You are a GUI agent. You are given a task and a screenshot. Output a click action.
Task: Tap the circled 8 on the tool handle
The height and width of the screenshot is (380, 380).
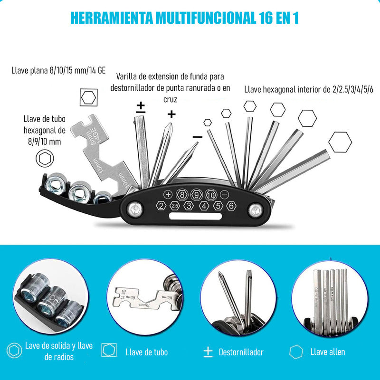[x=181, y=194]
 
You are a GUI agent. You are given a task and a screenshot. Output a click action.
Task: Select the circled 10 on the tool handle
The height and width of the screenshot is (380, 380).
[x=211, y=194]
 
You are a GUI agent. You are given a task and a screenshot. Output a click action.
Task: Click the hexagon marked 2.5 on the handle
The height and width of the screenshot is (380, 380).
[x=175, y=206]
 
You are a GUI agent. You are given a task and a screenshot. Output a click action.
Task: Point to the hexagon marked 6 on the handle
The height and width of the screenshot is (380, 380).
[x=231, y=206]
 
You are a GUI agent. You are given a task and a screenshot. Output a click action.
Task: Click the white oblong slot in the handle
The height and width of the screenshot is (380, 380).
[x=196, y=218]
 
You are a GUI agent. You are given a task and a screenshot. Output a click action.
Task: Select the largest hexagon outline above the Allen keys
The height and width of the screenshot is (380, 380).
[x=340, y=142]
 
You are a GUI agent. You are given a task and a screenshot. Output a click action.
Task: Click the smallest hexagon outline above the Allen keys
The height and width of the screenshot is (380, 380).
[x=208, y=122]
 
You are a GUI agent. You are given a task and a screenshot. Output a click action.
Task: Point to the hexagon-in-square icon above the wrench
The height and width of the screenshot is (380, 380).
[x=88, y=98]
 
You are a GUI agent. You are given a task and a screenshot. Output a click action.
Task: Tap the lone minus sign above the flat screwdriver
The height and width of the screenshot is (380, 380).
[x=198, y=137]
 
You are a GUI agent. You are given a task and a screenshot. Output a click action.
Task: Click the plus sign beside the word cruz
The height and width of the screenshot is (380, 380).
[x=171, y=114]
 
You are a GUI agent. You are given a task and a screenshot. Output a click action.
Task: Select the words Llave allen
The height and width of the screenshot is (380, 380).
[x=328, y=352]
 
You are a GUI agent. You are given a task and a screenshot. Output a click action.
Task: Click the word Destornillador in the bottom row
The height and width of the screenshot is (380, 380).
[x=241, y=352]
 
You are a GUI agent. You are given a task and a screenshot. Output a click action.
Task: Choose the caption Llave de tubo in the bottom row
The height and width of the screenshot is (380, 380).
[x=147, y=352]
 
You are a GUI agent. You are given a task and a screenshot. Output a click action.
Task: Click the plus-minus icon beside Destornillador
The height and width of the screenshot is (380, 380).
[x=208, y=352]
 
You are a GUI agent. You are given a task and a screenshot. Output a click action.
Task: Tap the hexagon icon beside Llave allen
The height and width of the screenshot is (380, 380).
[x=296, y=352]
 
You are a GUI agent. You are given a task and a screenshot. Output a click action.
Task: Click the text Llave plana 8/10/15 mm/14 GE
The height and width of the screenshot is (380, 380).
[x=58, y=71]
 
